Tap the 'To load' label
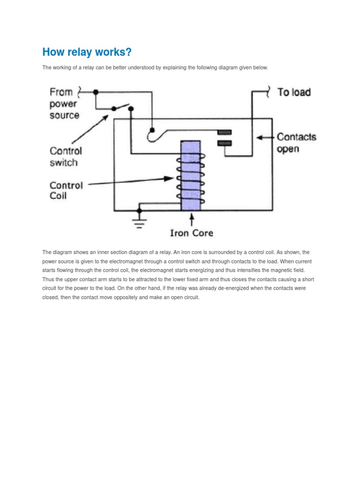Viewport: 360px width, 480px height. (294, 92)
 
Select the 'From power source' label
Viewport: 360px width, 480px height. (65, 104)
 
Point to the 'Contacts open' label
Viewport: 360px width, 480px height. (296, 143)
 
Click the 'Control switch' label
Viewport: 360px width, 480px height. (66, 157)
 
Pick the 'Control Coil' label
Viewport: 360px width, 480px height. (66, 190)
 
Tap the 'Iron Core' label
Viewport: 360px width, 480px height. (191, 233)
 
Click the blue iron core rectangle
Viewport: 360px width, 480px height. (191, 176)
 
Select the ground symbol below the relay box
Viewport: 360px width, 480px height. (139, 220)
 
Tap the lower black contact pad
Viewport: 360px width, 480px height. (225, 143)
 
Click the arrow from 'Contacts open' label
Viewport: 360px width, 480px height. (266, 138)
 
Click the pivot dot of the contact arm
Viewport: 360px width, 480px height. (152, 130)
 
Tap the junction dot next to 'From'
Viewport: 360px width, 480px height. (96, 92)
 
